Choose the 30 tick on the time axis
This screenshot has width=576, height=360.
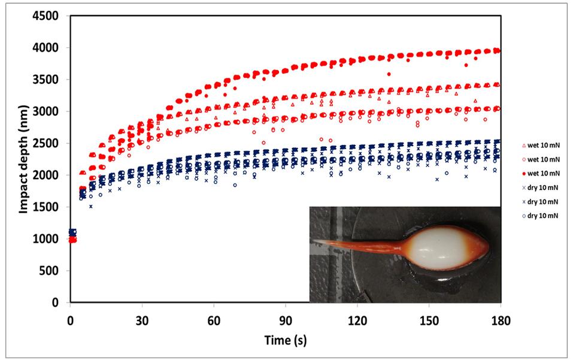coord(142,320)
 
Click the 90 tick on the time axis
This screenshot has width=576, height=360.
coord(286,320)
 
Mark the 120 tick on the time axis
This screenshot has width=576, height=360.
coord(357,320)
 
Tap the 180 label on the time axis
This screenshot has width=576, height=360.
coord(501,320)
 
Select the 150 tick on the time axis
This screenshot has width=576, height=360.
coord(429,320)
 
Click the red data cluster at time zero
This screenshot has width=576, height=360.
coord(72,240)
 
